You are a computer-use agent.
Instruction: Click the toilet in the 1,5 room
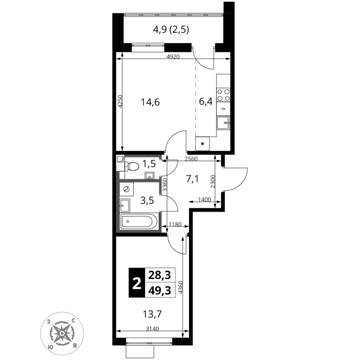(x=131, y=166)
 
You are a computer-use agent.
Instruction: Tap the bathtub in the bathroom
(x=139, y=221)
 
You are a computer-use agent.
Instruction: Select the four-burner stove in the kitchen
(x=223, y=95)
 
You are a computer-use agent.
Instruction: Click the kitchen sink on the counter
(x=223, y=123)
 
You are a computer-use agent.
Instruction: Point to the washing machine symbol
(x=126, y=189)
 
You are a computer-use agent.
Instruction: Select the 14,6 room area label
(x=150, y=102)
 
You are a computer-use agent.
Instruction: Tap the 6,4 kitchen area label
(x=206, y=101)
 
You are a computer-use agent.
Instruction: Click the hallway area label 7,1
(x=192, y=179)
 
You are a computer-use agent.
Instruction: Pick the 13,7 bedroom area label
(x=152, y=314)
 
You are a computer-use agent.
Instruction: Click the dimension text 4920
(x=173, y=57)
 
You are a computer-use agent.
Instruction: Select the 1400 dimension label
(x=204, y=199)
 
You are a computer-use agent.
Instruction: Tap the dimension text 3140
(x=153, y=329)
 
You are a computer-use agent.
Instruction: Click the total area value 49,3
(x=160, y=291)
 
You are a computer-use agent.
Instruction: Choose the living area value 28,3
(x=160, y=275)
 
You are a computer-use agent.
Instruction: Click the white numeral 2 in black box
(x=137, y=283)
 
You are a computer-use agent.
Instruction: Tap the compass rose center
(x=62, y=333)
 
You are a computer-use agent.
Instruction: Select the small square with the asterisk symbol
(x=202, y=144)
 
